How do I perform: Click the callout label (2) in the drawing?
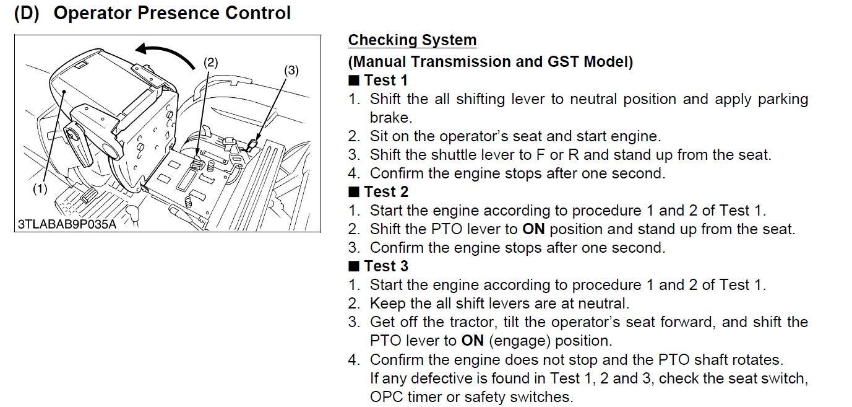coord(211,62)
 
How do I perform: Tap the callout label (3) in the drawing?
coord(291,71)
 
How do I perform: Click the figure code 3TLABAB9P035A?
coord(67,224)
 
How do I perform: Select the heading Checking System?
coord(412,40)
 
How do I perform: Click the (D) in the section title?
coord(27,14)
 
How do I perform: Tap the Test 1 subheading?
coord(385,81)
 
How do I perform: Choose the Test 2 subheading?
coord(385,192)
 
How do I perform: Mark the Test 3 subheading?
coord(385,266)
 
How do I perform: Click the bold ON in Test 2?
coord(533,229)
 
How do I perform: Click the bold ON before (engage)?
coord(472,341)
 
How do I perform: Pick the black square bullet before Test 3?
coord(353,266)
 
